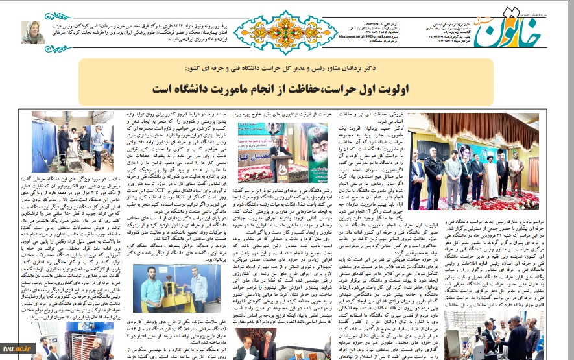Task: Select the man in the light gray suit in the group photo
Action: pyautogui.click(x=516, y=170)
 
